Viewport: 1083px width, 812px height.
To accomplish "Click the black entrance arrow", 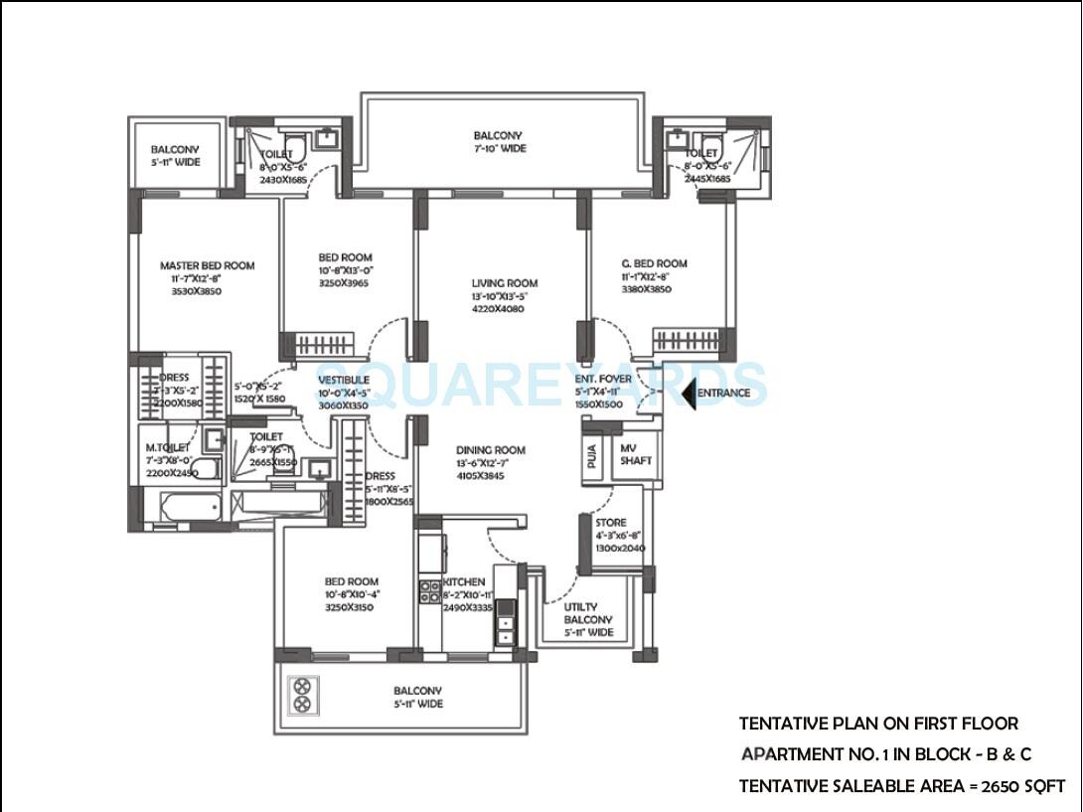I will [689, 394].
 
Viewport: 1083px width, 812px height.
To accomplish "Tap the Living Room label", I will [504, 283].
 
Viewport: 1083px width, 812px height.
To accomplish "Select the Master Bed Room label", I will [207, 265].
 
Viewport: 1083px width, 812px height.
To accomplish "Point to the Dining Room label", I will [491, 450].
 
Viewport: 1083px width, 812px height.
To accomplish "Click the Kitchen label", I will [464, 581].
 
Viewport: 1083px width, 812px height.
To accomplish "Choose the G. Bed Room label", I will [653, 263].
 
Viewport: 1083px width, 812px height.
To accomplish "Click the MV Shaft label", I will [636, 454].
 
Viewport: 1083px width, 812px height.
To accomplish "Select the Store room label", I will [610, 523].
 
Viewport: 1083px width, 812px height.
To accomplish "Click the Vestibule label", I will [344, 380].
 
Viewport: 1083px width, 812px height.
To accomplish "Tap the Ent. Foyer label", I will [602, 379].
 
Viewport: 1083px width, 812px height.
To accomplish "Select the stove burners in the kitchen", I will [429, 592].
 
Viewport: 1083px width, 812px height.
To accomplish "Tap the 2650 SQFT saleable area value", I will [1023, 786].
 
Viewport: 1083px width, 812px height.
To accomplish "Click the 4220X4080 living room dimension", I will [498, 309].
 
